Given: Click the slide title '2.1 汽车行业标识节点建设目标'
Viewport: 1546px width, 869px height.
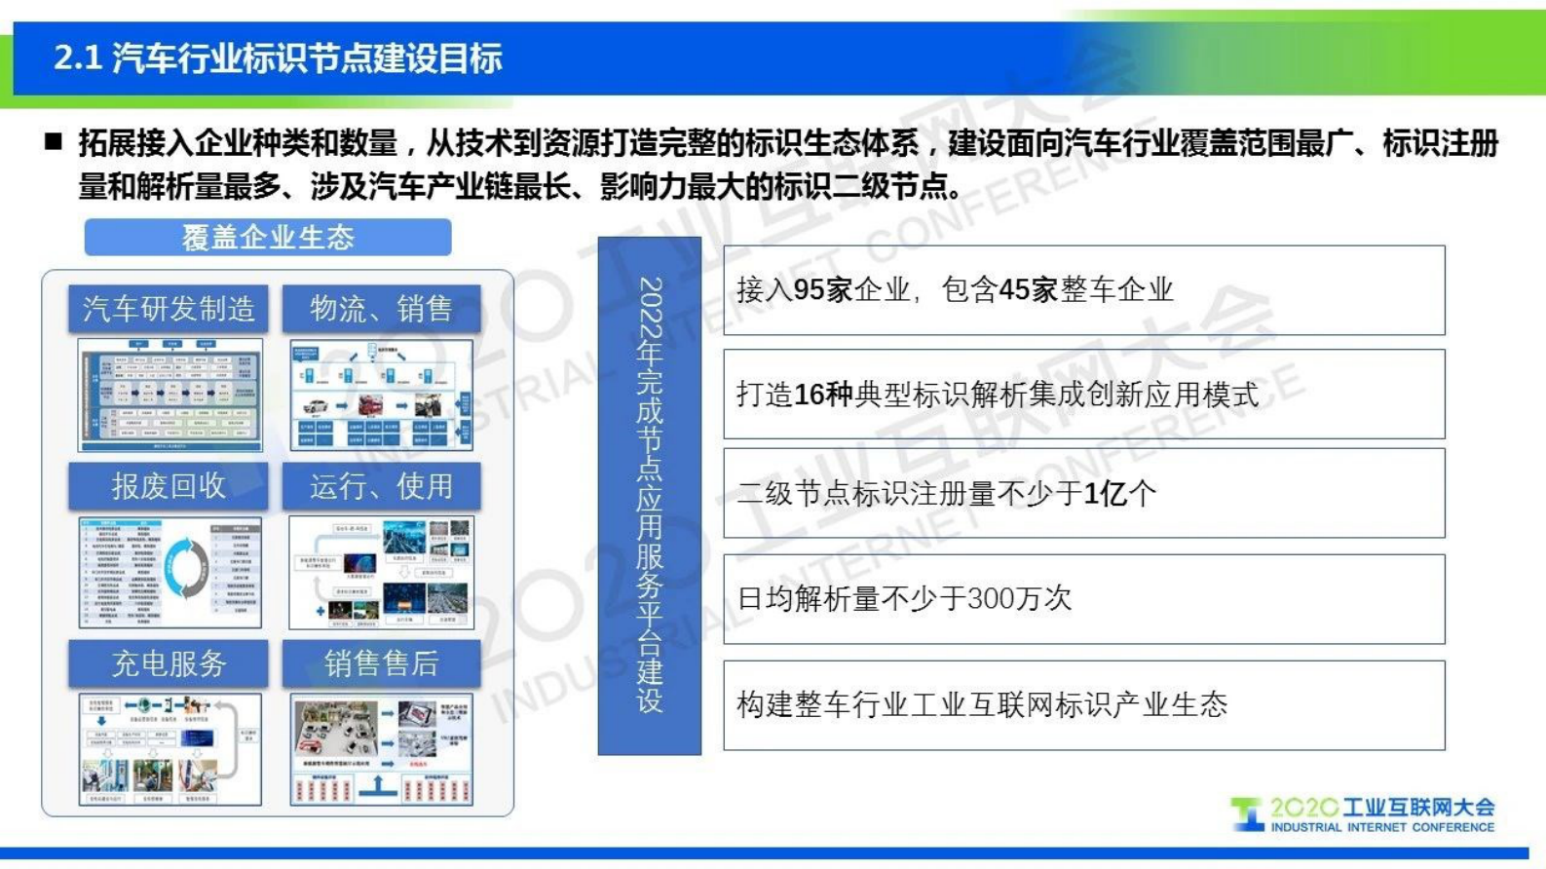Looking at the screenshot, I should coord(278,58).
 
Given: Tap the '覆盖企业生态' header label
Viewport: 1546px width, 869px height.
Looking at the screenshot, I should coord(268,238).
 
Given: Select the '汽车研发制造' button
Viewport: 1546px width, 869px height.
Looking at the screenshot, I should coord(169,310).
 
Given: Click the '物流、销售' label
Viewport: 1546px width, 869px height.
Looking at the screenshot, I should coord(381,310).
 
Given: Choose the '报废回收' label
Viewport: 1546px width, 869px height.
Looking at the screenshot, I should coord(169,486).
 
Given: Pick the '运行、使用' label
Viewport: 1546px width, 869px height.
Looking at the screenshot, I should coord(381,486).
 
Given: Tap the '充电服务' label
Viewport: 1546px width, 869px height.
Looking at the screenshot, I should coord(169,663).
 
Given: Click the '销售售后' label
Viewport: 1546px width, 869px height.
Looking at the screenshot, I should coord(381,663).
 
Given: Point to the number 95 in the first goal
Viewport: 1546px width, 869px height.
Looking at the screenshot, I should coord(810,290).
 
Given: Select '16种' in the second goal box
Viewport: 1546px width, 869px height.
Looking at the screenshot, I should coord(824,395).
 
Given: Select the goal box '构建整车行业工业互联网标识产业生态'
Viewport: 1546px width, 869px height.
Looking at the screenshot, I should coord(1083,705).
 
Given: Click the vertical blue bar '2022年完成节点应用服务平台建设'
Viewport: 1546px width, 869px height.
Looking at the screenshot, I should coord(650,495).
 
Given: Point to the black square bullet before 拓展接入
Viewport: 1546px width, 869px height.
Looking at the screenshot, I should coord(55,143).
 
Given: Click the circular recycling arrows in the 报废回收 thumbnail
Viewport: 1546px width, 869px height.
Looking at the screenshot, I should coord(186,569).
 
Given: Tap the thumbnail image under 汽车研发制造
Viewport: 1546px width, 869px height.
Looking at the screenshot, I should coord(170,395).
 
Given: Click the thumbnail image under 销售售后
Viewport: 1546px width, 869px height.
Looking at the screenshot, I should coord(381,749).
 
